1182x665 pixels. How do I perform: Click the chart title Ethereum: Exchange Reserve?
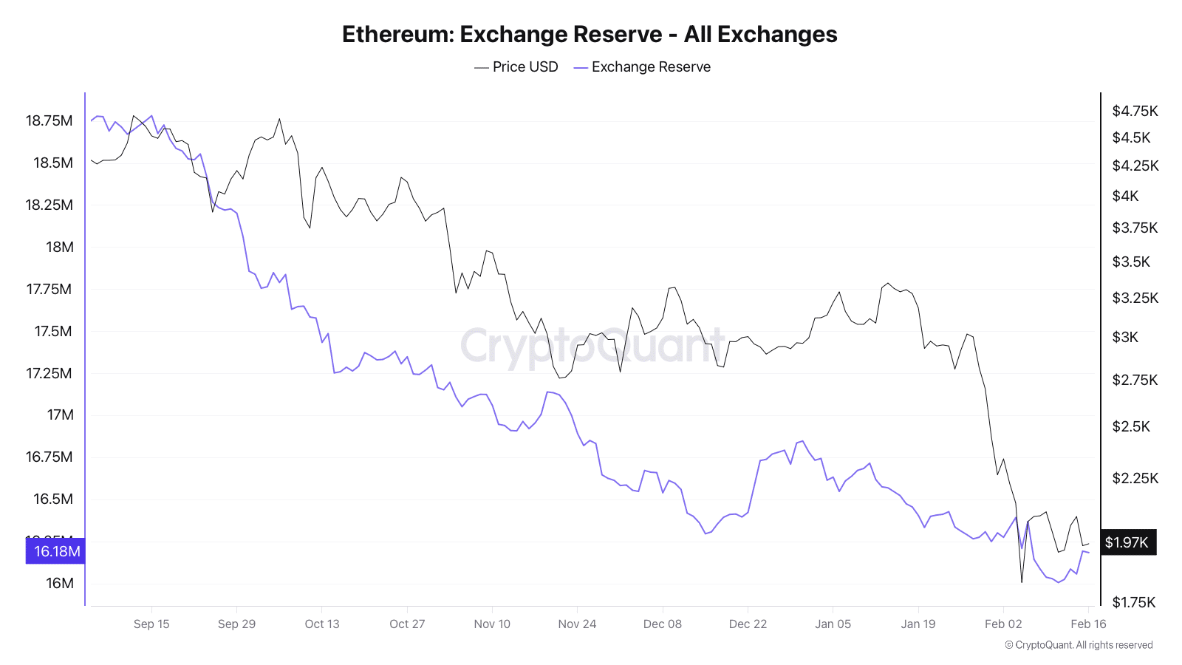589,35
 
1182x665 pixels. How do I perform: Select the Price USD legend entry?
516,67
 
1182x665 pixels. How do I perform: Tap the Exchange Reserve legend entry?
642,67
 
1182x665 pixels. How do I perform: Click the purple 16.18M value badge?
55,551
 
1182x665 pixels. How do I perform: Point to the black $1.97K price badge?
1127,542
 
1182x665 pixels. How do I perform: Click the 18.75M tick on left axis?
49,120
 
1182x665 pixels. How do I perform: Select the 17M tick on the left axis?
60,415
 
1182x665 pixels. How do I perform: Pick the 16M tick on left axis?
60,583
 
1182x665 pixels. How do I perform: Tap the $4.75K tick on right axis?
1135,111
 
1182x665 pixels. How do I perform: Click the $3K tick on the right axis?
1125,337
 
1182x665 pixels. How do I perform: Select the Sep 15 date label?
151,624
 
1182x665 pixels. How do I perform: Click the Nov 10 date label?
492,624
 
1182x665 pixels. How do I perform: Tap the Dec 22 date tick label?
748,624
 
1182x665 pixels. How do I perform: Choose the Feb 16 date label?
1088,624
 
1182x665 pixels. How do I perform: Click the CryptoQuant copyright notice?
1079,645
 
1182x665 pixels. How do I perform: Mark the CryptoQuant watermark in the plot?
591,346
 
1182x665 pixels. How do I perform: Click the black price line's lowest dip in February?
1022,582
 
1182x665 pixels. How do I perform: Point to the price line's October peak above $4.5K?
279,119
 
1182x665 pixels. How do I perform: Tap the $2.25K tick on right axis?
1135,478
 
